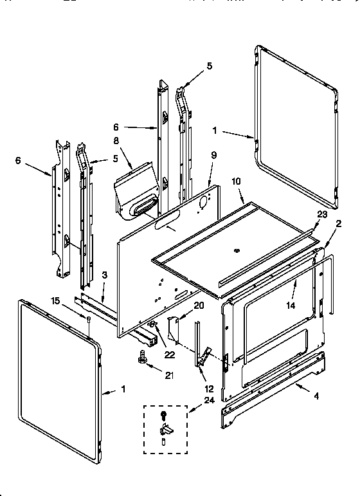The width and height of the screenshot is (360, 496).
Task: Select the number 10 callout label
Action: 236,182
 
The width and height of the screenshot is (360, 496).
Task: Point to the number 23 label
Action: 321,215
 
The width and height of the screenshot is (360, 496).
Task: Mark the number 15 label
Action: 56,300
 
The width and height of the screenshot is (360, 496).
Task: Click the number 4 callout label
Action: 316,396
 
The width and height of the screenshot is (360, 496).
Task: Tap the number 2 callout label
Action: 339,224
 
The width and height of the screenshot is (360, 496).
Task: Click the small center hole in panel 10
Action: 237,248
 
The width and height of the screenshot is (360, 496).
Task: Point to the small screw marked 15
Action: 89,320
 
